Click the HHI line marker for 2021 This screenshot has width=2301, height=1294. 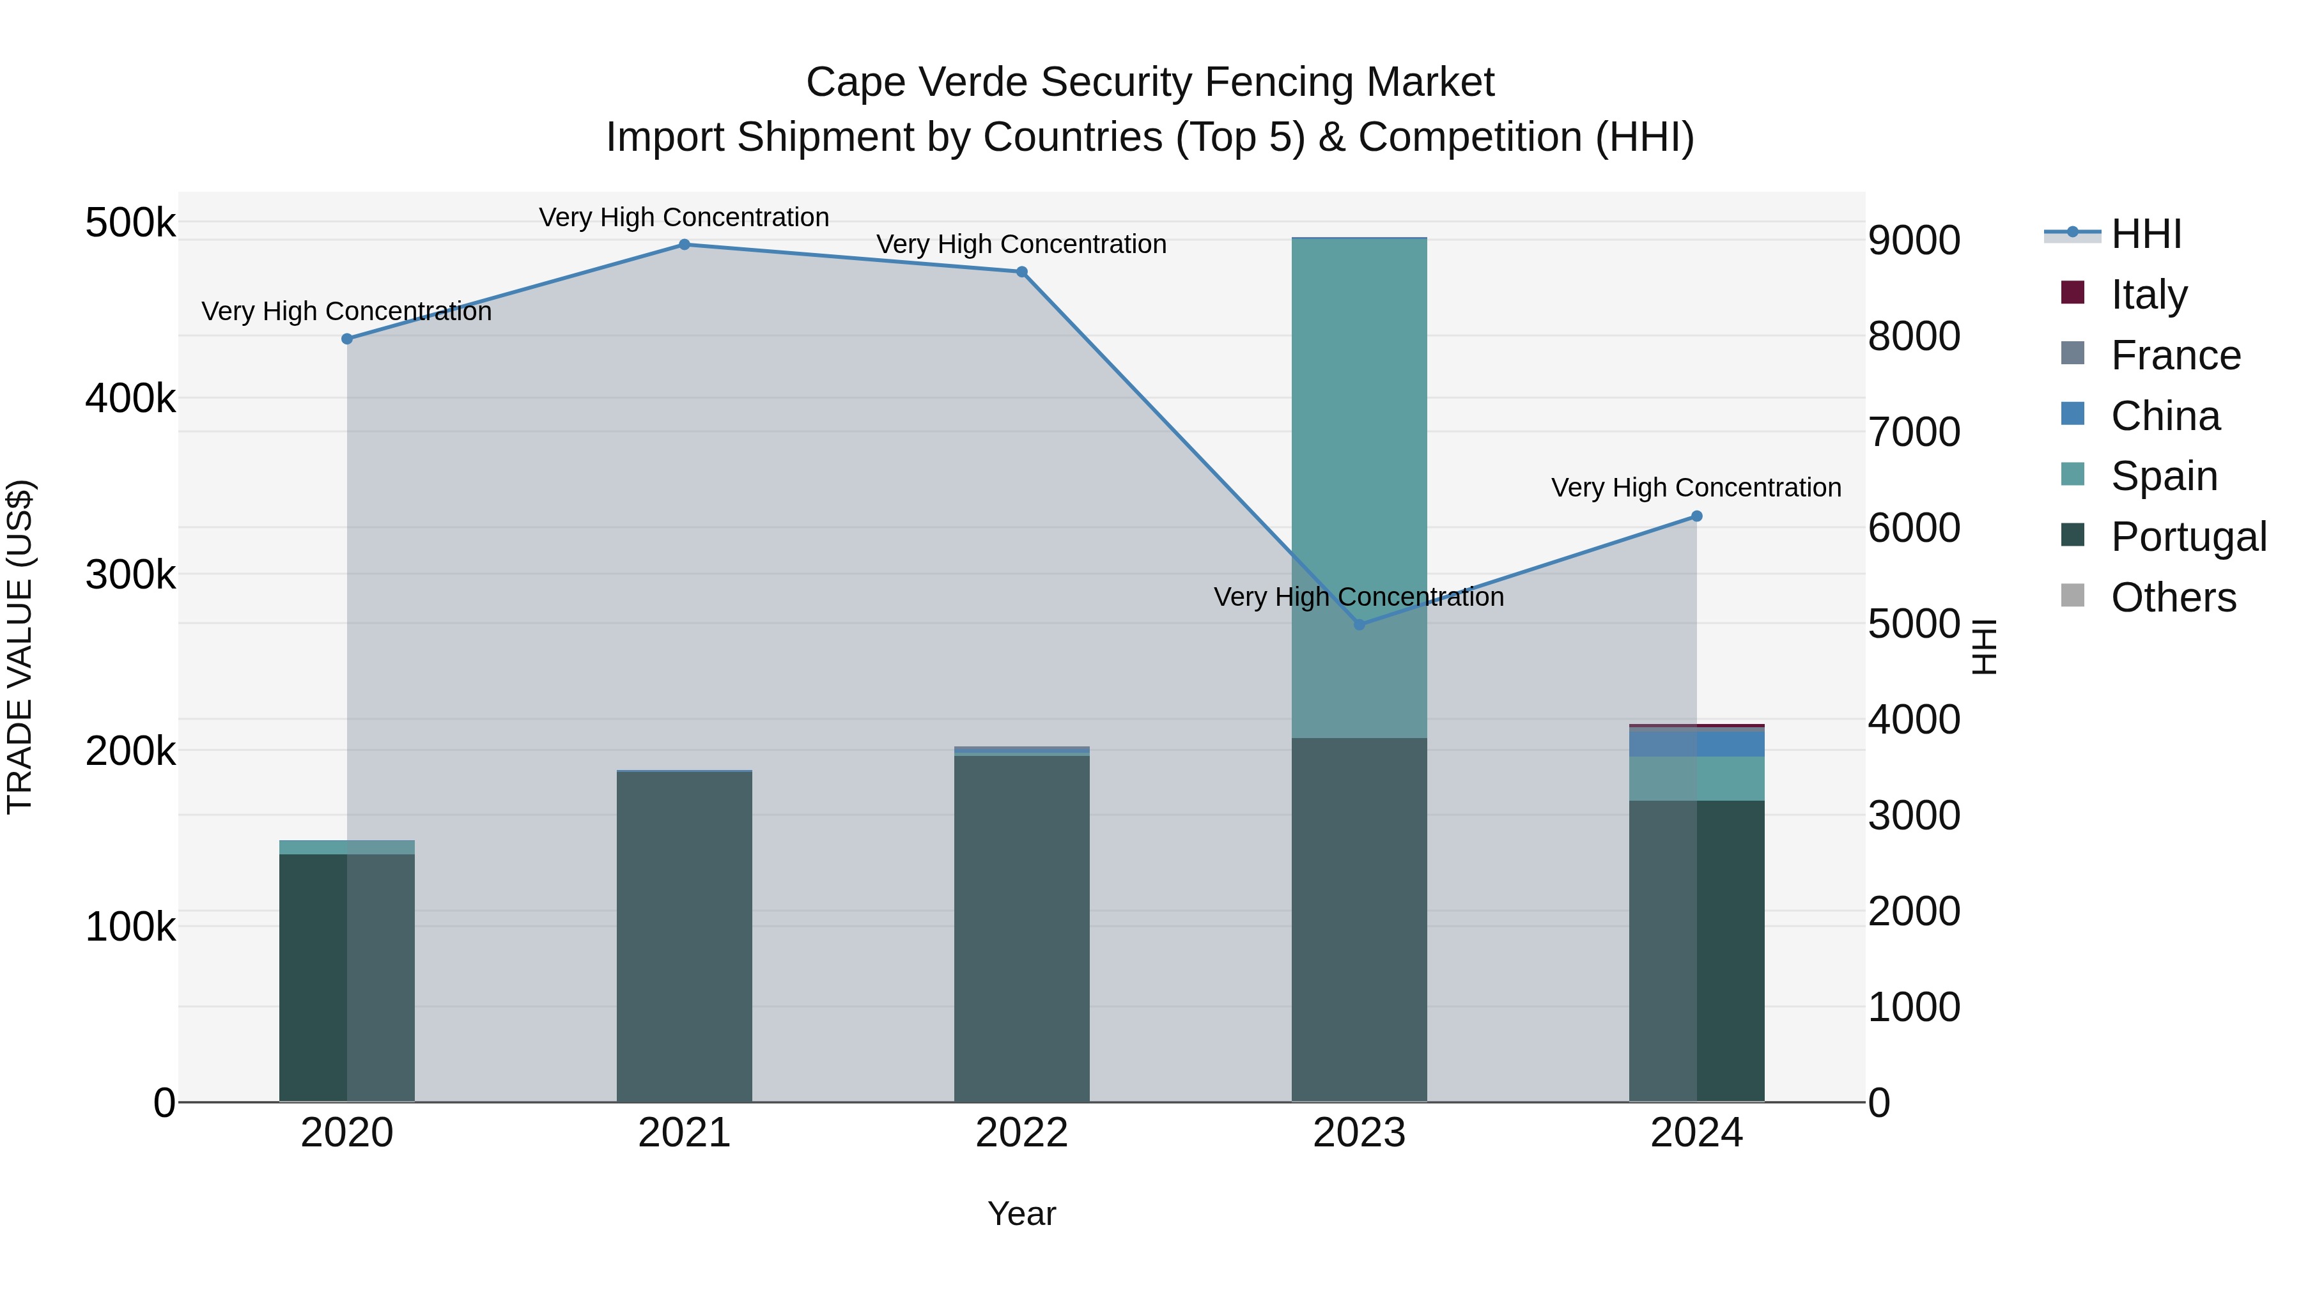pyautogui.click(x=684, y=245)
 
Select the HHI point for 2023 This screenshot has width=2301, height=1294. pyautogui.click(x=1360, y=624)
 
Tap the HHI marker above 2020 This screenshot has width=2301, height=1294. pyautogui.click(x=348, y=339)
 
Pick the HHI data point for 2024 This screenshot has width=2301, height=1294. pyautogui.click(x=1696, y=516)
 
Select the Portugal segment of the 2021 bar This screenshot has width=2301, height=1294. pyautogui.click(x=684, y=937)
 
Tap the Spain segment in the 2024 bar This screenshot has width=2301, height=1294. pyautogui.click(x=1696, y=779)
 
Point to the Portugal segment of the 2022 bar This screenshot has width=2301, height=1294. pyautogui.click(x=1022, y=928)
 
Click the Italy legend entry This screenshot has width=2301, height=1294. pyautogui.click(x=2148, y=295)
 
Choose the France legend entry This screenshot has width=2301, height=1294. pyautogui.click(x=2175, y=355)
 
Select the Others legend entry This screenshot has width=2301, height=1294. pyautogui.click(x=2173, y=597)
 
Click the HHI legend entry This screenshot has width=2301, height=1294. pyautogui.click(x=2146, y=234)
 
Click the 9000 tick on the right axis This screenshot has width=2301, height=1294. pyautogui.click(x=1913, y=240)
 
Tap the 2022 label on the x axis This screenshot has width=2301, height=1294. pyautogui.click(x=1022, y=1133)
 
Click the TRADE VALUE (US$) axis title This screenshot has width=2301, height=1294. pyautogui.click(x=20, y=647)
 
